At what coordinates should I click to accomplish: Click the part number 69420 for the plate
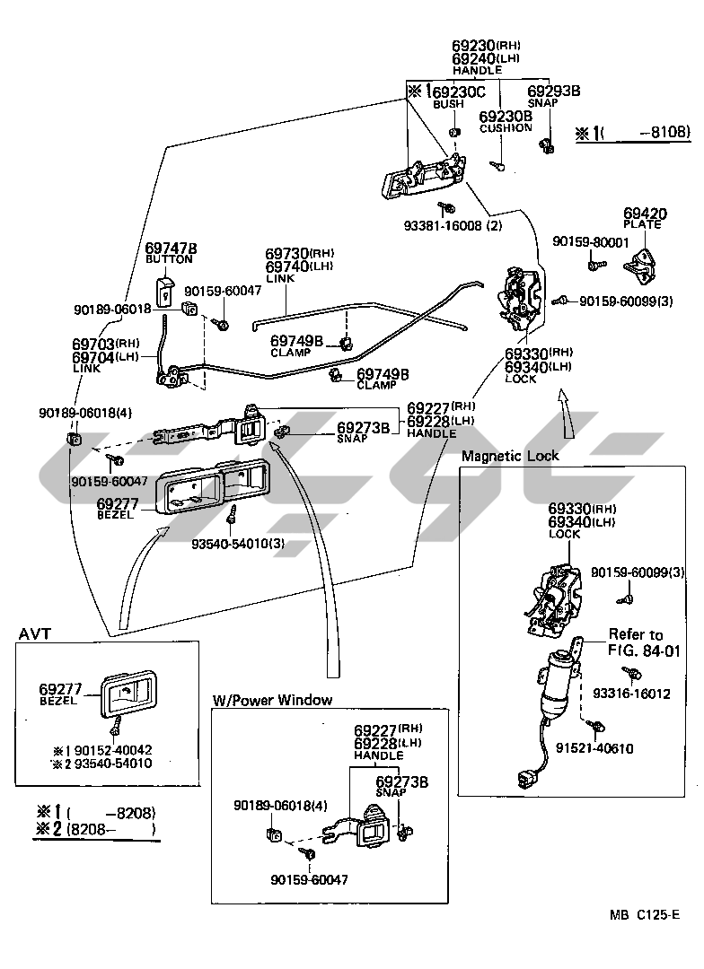coord(645,214)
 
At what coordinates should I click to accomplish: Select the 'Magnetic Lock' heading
coord(509,456)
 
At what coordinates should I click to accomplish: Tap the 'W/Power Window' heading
coord(272,700)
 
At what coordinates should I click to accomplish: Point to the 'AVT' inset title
coord(35,634)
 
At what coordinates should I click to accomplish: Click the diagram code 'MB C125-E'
coord(644,914)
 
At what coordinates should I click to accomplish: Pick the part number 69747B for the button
coord(171,248)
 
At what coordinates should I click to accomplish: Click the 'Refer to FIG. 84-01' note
coord(636,642)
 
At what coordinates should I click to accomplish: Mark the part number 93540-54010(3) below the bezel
coord(225,544)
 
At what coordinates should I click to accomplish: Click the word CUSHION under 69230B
coord(506,128)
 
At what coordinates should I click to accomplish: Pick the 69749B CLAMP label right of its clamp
coord(383,374)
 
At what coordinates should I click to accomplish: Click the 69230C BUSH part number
coord(458,92)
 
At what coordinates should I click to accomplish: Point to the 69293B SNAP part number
coord(553,91)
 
